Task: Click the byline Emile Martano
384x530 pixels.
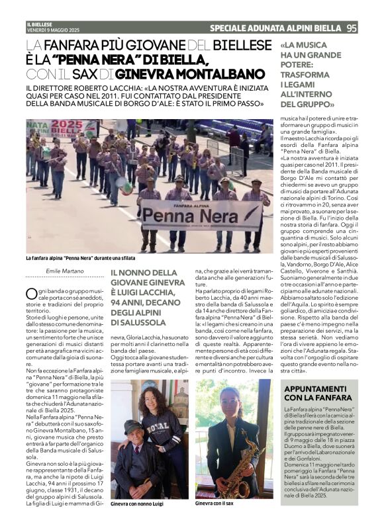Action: (x=66, y=271)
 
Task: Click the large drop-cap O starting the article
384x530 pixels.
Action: (x=31, y=294)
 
